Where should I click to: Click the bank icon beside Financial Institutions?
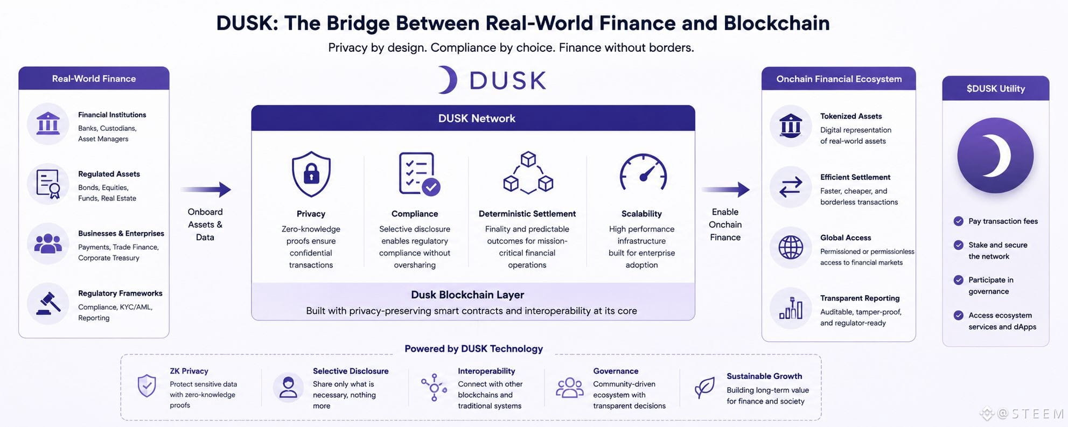pyautogui.click(x=48, y=124)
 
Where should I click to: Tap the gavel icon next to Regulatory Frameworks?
pyautogui.click(x=48, y=304)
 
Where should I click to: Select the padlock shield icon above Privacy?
pyautogui.click(x=311, y=174)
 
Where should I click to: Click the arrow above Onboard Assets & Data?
pyautogui.click(x=206, y=189)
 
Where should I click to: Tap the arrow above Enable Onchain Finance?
pyautogui.click(x=725, y=189)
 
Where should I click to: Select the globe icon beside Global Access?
pyautogui.click(x=791, y=248)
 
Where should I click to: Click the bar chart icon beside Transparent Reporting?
pyautogui.click(x=791, y=308)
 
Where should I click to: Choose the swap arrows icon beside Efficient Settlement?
pyautogui.click(x=791, y=187)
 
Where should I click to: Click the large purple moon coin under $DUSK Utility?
pyautogui.click(x=995, y=156)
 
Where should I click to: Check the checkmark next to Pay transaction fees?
pyautogui.click(x=958, y=221)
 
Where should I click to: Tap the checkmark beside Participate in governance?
pyautogui.click(x=958, y=280)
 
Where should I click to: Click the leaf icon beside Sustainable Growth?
pyautogui.click(x=704, y=388)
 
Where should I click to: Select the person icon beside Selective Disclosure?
pyautogui.click(x=288, y=387)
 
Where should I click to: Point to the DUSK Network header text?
pyautogui.click(x=477, y=118)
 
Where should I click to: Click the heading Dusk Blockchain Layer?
pyautogui.click(x=467, y=295)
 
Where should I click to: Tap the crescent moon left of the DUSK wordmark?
pyautogui.click(x=448, y=80)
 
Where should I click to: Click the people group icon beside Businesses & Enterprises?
pyautogui.click(x=48, y=243)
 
